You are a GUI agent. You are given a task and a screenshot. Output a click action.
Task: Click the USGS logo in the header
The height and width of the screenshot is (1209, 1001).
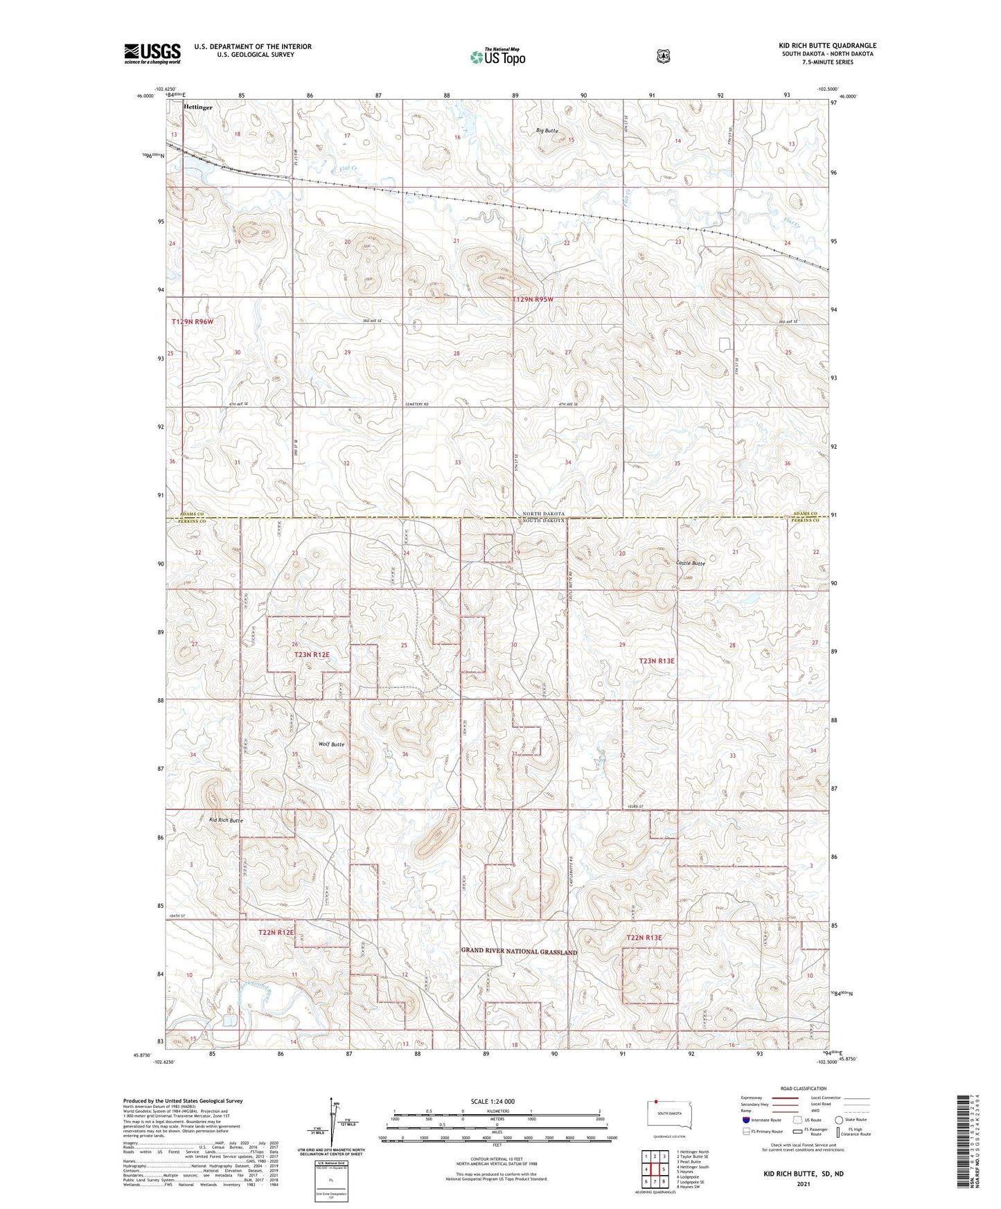(x=152, y=53)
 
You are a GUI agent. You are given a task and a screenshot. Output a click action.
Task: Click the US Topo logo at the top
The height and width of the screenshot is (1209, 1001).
(x=497, y=57)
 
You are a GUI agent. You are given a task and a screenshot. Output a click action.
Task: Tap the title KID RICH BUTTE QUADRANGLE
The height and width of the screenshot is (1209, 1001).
(x=827, y=46)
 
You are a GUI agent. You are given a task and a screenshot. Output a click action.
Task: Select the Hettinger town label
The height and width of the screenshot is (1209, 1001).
(x=198, y=108)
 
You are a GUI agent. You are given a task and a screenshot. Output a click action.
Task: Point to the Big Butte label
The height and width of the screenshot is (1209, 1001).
(x=547, y=131)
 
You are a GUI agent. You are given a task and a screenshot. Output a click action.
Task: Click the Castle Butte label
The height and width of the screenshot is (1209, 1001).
(x=690, y=563)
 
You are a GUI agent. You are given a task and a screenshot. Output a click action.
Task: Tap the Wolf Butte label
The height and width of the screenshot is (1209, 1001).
(x=331, y=744)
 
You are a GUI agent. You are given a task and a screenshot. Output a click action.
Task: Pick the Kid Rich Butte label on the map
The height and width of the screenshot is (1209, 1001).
(x=226, y=820)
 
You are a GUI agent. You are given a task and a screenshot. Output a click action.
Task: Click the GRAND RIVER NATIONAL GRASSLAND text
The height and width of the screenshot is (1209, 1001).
(x=519, y=951)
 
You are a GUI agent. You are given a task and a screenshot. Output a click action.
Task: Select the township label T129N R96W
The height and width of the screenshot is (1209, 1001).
(x=193, y=322)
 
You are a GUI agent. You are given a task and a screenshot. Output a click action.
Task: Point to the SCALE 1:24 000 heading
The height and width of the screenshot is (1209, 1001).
(x=493, y=1101)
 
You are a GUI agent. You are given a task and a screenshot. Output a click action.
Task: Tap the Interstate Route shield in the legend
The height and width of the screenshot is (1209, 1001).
(x=745, y=1120)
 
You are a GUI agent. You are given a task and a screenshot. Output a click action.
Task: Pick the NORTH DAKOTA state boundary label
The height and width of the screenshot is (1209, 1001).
(x=544, y=514)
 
